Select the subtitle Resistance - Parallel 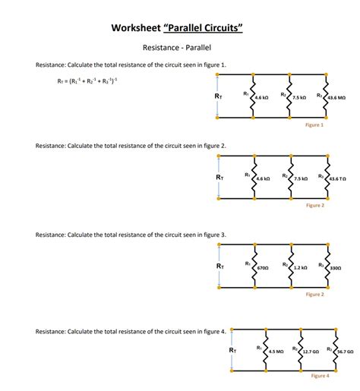coord(180,48)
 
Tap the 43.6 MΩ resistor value coord(336,98)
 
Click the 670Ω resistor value coord(263,268)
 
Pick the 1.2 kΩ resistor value coord(300,268)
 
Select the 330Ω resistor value coord(336,268)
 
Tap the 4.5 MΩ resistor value coord(276,352)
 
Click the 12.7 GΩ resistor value coord(311,352)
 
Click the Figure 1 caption coord(314,125)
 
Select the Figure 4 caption coord(320,376)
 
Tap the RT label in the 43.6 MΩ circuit coord(219,97)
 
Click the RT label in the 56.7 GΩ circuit coord(232,350)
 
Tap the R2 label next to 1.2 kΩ coord(285,264)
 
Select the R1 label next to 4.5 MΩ coord(259,348)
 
